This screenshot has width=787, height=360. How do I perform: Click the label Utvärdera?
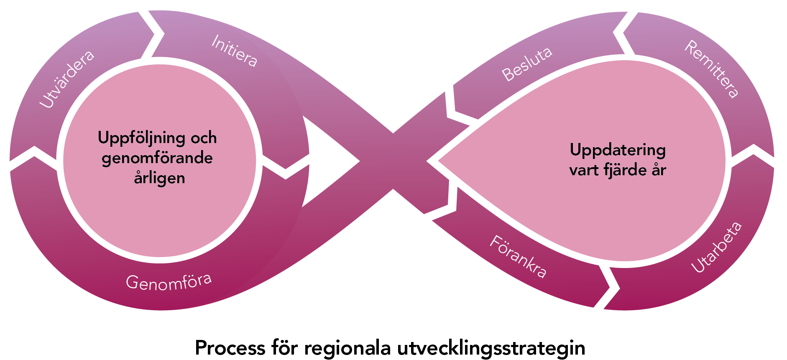(67, 79)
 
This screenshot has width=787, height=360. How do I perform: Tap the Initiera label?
(234, 51)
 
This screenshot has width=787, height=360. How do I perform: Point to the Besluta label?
(527, 64)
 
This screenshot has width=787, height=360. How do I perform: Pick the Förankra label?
(518, 256)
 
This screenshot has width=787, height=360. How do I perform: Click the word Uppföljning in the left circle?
(141, 138)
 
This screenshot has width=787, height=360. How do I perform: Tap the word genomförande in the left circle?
(157, 158)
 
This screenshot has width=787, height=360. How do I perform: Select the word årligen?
(159, 178)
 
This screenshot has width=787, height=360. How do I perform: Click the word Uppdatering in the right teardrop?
(618, 150)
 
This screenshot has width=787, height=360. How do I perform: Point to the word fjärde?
(621, 170)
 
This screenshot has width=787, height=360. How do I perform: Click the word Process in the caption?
(230, 348)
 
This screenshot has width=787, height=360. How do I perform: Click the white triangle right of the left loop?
(326, 161)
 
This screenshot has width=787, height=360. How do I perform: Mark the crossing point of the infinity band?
(393, 161)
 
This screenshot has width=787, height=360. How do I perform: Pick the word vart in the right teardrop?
(583, 170)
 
